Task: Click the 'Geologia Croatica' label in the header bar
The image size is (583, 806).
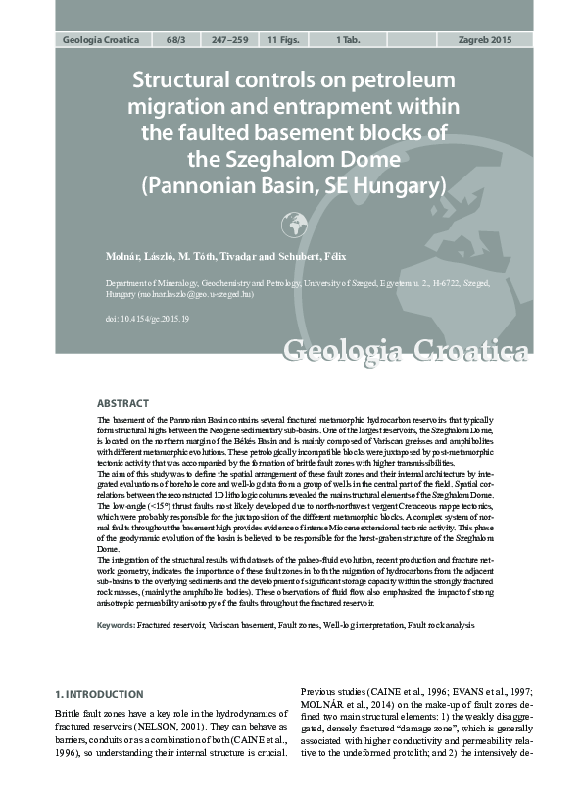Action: click(x=101, y=40)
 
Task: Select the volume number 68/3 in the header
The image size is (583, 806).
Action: click(x=176, y=40)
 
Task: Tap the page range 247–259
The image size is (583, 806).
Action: click(x=229, y=40)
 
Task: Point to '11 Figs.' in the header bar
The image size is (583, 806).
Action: click(x=286, y=40)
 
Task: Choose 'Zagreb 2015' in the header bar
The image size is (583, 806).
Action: click(x=485, y=40)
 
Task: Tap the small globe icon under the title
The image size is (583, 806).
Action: click(x=294, y=226)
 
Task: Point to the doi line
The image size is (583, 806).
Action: click(x=147, y=320)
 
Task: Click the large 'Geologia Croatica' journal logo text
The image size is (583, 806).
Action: click(x=406, y=351)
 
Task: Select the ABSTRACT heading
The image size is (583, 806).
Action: click(x=122, y=403)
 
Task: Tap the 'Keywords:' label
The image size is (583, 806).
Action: click(x=116, y=625)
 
